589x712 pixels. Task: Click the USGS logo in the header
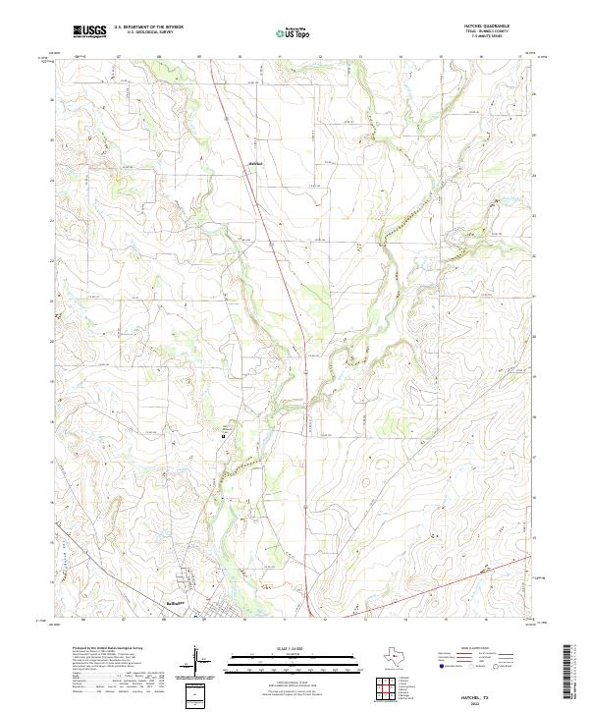coord(89,31)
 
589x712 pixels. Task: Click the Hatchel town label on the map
coord(254,163)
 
